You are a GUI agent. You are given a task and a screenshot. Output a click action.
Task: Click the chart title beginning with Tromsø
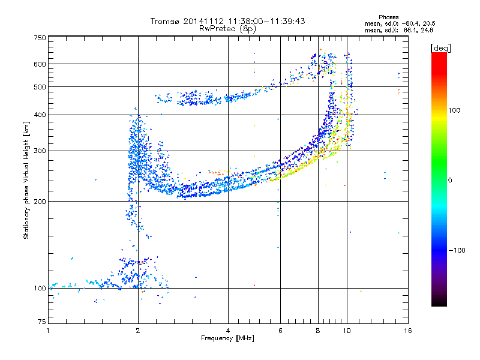228,21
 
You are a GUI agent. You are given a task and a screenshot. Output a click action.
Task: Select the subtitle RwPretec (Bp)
228,28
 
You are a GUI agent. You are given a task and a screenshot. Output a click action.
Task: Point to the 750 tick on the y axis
40,38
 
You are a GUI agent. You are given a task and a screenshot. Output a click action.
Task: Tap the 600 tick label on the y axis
40,64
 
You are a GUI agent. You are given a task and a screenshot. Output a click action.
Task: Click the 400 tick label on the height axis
40,115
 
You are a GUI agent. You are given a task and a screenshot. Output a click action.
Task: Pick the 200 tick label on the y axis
40,202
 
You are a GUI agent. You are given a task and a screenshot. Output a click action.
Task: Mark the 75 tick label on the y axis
41,325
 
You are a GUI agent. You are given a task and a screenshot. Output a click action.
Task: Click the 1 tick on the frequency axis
48,331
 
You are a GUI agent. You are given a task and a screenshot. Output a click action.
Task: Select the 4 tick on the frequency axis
228,331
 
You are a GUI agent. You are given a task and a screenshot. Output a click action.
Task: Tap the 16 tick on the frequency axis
407,331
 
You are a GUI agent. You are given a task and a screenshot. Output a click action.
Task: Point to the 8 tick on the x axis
318,331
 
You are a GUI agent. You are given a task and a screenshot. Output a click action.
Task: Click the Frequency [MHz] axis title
228,339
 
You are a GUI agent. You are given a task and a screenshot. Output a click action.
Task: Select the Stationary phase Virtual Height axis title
26,181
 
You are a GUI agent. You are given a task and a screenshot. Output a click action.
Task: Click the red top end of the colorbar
439,55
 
